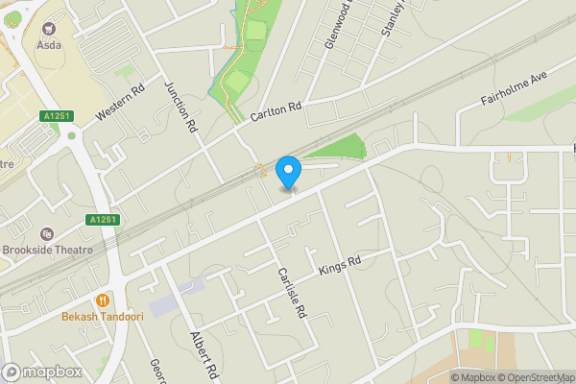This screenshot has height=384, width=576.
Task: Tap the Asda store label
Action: pyautogui.click(x=49, y=45)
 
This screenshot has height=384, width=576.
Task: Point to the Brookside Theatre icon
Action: pyautogui.click(x=47, y=233)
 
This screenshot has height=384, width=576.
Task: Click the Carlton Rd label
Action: pyautogui.click(x=276, y=111)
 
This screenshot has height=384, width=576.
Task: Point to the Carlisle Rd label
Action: pyautogui.click(x=291, y=293)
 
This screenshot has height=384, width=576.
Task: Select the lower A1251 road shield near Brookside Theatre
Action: pyautogui.click(x=102, y=220)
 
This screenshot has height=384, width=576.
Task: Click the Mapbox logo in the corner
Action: pyautogui.click(x=40, y=372)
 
